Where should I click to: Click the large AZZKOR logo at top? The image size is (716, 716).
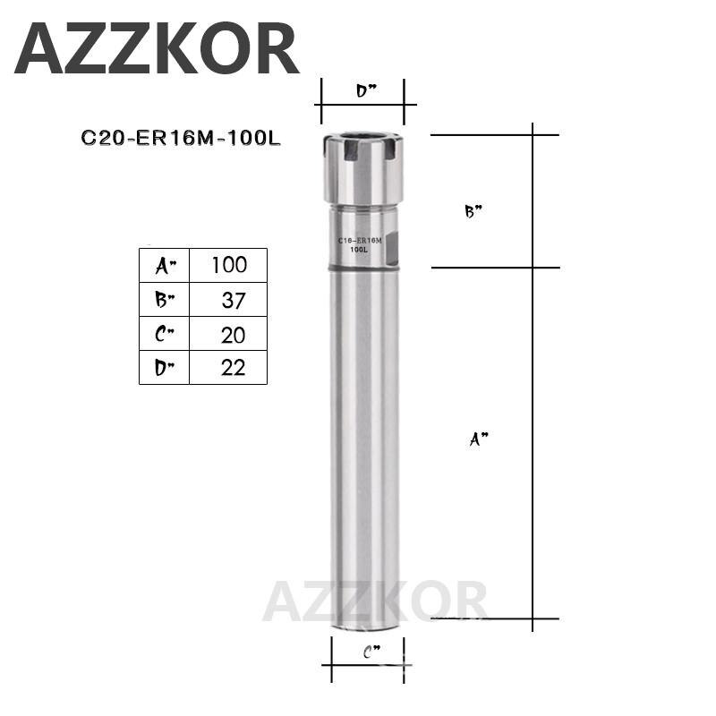point(157,49)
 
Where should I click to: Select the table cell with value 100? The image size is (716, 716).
point(227,265)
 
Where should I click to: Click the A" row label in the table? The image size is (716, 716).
point(164,265)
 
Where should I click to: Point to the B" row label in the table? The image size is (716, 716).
point(164,300)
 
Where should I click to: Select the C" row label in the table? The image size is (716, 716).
point(164,334)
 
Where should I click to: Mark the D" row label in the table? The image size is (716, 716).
point(164,367)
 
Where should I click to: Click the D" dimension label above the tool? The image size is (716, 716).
point(365,90)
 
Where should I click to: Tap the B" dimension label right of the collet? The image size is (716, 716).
point(473,212)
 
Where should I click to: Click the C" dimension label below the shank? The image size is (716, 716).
point(371,654)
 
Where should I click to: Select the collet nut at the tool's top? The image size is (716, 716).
point(363,168)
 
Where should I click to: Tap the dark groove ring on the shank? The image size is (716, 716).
point(363,268)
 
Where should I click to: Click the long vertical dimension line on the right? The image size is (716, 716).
point(533,376)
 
